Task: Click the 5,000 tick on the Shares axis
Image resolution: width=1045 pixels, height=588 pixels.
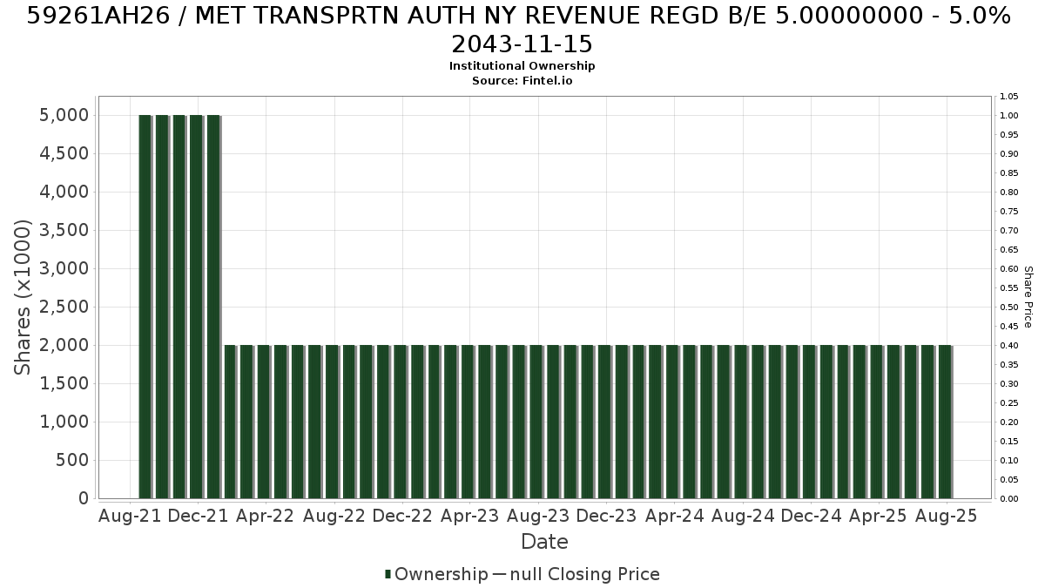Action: [64, 115]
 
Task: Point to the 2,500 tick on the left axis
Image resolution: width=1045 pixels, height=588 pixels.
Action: [64, 307]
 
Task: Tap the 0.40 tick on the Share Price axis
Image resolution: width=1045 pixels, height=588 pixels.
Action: [1008, 346]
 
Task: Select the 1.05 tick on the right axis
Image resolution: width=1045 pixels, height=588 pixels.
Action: [1008, 97]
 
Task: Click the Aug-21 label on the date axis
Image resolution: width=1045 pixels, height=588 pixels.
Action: [130, 516]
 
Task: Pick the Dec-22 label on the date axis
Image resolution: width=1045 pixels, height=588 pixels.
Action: [402, 516]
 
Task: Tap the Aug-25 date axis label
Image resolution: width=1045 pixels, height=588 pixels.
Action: [946, 516]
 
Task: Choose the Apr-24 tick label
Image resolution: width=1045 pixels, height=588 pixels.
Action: [674, 516]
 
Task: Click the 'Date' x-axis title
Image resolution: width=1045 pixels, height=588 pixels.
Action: [544, 542]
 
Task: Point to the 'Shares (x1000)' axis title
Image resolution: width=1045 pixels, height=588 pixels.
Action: [22, 297]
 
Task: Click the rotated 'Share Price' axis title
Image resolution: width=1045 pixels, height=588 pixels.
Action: [1028, 297]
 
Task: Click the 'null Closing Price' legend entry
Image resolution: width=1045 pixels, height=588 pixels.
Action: [585, 574]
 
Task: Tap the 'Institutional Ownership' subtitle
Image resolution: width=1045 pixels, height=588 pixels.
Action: [522, 66]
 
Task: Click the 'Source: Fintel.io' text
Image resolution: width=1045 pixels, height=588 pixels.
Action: [522, 81]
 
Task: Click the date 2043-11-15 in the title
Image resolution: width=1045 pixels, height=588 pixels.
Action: [522, 44]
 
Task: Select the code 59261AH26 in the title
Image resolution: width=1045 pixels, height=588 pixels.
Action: [98, 16]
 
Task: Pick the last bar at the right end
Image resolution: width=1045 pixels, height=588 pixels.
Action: [945, 422]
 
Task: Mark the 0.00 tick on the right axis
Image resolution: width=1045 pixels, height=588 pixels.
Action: [1008, 499]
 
